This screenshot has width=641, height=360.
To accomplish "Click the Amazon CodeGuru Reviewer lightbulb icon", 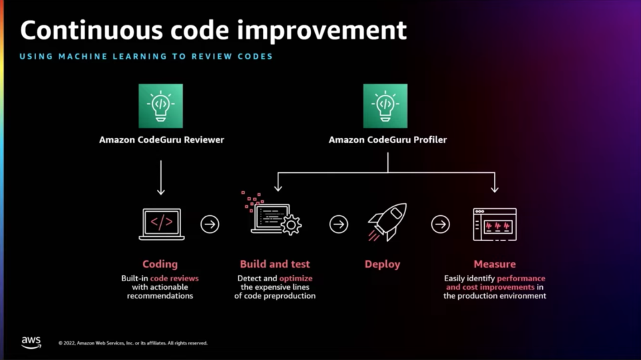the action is tap(161, 106).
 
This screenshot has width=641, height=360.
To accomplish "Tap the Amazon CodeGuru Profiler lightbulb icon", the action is tap(385, 106).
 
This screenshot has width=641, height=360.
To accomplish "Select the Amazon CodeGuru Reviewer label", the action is tap(162, 140).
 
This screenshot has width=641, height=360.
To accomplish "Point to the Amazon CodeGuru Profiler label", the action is tap(387, 140).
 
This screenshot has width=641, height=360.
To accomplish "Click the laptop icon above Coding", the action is tap(162, 224).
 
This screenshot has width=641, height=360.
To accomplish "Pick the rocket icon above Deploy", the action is tap(387, 222).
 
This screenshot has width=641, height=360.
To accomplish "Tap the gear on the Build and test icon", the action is tap(291, 224).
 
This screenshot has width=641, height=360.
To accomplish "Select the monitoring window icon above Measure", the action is tap(495, 224).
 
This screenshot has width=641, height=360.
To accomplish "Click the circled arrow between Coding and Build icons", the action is tap(210, 224).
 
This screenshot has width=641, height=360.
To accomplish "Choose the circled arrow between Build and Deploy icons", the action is tap(339, 224).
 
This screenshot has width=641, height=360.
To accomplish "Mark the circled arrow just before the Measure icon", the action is tap(440, 224).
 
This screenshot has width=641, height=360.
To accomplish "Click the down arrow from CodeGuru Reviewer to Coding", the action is tap(161, 178).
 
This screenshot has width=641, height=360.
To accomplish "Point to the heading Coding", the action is tap(160, 264).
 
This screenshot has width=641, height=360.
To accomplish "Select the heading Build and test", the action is tap(274, 264).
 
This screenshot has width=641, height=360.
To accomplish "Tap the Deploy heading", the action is tap(382, 264).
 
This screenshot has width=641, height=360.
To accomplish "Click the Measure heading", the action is tap(495, 264).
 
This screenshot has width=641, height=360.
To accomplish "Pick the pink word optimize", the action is tap(296, 278).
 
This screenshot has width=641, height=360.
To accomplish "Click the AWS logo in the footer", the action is tap(31, 343).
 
